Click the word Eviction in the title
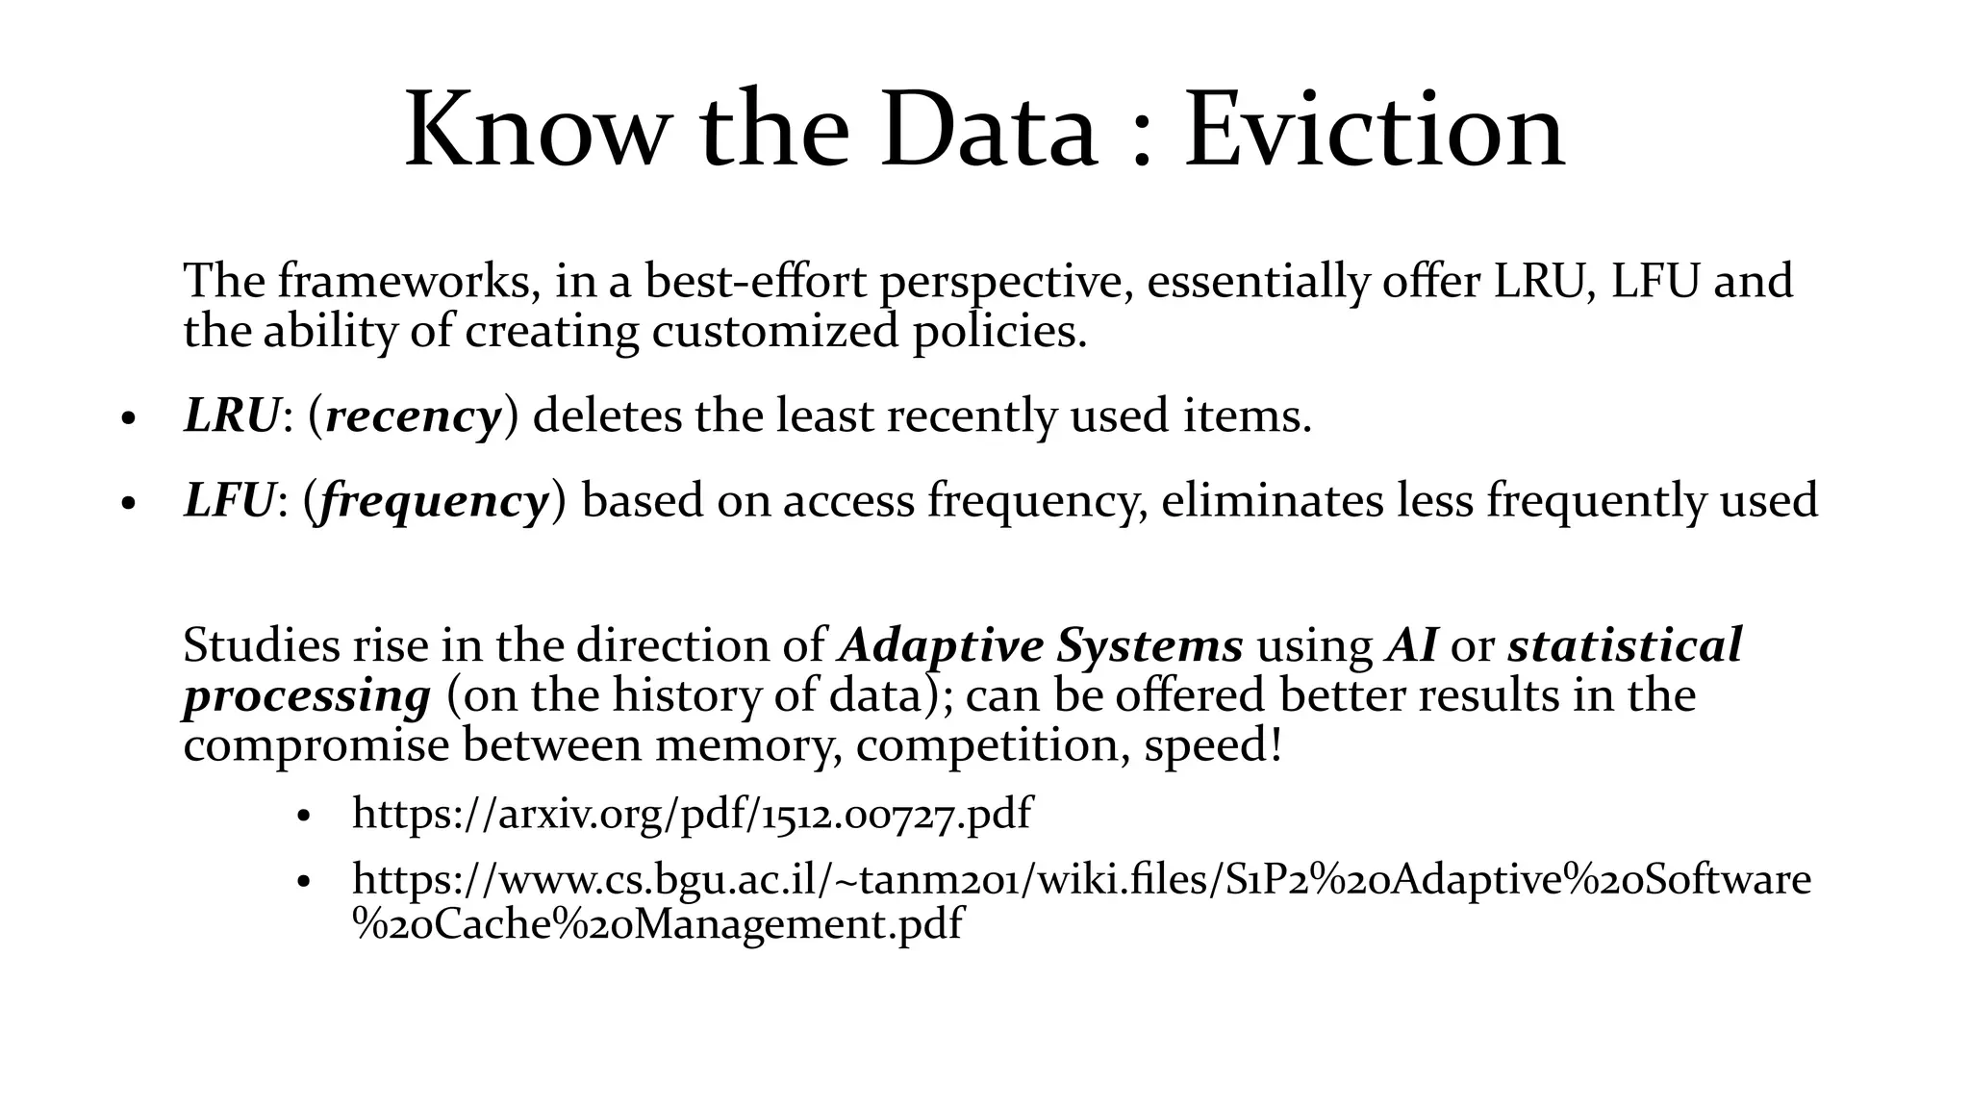[x=1374, y=130]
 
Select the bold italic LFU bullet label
[x=229, y=500]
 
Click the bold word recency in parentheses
[x=414, y=417]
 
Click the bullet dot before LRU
[x=127, y=420]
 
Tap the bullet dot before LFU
[x=127, y=505]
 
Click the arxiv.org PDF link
[x=692, y=814]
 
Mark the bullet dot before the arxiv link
[x=305, y=818]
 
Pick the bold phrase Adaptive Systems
[x=1042, y=645]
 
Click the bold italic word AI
[x=1411, y=645]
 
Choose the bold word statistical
[x=1625, y=645]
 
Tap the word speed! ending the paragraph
[x=1213, y=745]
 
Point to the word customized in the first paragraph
[x=775, y=332]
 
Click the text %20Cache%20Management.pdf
[x=658, y=924]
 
